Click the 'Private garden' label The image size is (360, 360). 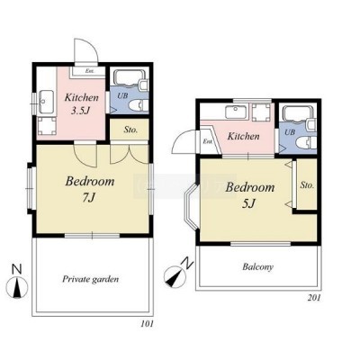[x=90, y=279]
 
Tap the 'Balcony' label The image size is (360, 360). [x=258, y=266]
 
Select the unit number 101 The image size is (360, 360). [x=147, y=324]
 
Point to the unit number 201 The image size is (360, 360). [x=314, y=298]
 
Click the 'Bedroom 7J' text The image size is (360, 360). [x=90, y=189]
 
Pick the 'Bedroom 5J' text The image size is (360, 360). [x=250, y=194]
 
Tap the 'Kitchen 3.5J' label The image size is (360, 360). [x=82, y=103]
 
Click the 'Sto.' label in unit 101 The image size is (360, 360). [x=130, y=130]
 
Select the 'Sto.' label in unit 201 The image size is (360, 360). [x=307, y=185]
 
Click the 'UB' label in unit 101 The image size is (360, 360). [x=122, y=96]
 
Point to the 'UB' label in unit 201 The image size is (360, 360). [x=290, y=132]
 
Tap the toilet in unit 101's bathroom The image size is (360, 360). [x=139, y=105]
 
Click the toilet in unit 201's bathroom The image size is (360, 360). [x=306, y=142]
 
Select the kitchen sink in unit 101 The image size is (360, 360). [x=46, y=102]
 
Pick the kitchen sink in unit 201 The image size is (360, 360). [x=237, y=112]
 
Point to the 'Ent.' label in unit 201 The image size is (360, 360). [x=207, y=141]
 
